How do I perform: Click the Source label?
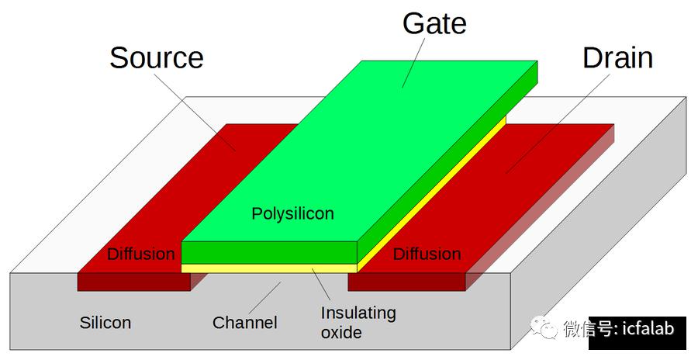[156, 58]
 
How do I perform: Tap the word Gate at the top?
[434, 23]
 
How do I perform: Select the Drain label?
[618, 58]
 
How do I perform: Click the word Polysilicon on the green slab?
[292, 214]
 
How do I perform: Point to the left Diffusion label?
[141, 254]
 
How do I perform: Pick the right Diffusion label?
[427, 254]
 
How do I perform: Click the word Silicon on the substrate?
[105, 323]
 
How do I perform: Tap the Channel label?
[245, 323]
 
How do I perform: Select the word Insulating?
[358, 313]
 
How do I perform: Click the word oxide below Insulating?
[341, 333]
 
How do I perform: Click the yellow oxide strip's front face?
[269, 268]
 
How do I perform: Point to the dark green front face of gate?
[269, 253]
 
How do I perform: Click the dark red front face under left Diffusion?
[134, 282]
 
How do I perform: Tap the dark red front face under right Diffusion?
[407, 282]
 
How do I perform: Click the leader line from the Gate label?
[413, 63]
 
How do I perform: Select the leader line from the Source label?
[195, 112]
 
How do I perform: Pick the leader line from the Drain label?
[558, 124]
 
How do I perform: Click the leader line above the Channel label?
[265, 298]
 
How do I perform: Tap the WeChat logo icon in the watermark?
[544, 327]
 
